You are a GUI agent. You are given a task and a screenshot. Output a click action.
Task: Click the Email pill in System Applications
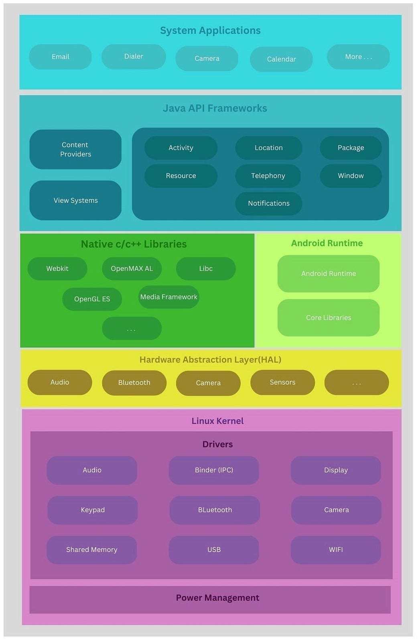point(60,57)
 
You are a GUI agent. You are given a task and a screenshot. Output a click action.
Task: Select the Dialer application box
point(134,57)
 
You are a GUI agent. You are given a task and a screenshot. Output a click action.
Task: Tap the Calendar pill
point(281,59)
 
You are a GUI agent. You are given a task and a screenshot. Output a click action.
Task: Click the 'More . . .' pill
point(358,57)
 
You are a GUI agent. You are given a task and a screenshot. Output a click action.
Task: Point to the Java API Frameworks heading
point(215,108)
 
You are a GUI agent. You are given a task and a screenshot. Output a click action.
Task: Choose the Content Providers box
point(75,149)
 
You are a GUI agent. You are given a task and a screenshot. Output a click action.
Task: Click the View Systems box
point(75,200)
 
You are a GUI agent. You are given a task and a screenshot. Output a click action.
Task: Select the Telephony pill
point(268,176)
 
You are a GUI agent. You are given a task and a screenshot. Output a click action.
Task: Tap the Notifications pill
point(268,203)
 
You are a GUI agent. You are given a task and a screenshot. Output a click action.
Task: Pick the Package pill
point(351,148)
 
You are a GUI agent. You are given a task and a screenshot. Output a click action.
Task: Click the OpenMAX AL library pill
point(132,268)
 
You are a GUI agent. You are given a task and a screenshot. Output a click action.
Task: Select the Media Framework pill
point(168,297)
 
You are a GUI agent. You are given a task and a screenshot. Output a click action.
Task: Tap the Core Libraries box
point(328,317)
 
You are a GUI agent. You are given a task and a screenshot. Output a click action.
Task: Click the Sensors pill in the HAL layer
point(282,382)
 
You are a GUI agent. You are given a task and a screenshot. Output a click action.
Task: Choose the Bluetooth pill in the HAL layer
point(134,383)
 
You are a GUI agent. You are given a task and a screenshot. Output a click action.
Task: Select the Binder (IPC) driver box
point(214,470)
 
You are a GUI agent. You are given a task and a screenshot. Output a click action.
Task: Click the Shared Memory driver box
point(91,550)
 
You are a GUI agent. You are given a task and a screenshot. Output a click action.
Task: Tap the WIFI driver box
point(336,550)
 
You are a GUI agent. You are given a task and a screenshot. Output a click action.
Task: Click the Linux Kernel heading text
point(217,421)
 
